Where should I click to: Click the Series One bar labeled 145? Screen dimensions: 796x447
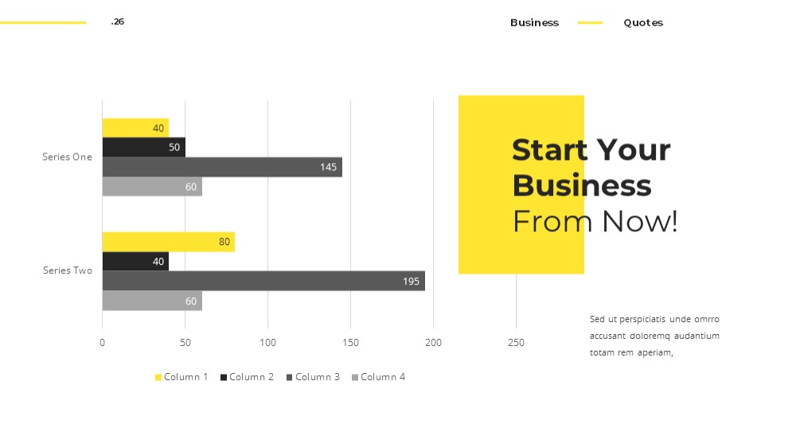coord(222,167)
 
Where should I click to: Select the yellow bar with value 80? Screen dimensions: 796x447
coord(169,242)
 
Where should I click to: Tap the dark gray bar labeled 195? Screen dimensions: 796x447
coord(263,281)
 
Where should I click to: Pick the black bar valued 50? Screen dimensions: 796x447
coord(143,147)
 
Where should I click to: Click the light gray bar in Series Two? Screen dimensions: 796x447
coord(152,301)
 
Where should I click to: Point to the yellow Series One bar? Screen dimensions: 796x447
coord(135,128)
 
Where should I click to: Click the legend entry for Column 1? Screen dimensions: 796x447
coord(181,377)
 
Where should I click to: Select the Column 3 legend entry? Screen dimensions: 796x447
coord(313,377)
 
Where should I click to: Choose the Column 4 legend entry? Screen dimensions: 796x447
coord(378,377)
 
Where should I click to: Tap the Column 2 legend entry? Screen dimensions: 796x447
coord(247,377)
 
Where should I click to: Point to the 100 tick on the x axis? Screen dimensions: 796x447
coord(268,343)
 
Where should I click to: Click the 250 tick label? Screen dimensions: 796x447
coord(517,343)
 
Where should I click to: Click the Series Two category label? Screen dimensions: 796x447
coord(68,270)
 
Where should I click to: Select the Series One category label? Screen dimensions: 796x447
coord(67,157)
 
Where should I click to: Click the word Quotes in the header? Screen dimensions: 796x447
coord(643,23)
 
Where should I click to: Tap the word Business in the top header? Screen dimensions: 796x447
coord(535,23)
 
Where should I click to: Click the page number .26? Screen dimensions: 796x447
coord(117,21)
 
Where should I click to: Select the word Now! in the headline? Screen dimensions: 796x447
coord(640,221)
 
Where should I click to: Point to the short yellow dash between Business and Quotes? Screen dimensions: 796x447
coord(591,23)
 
